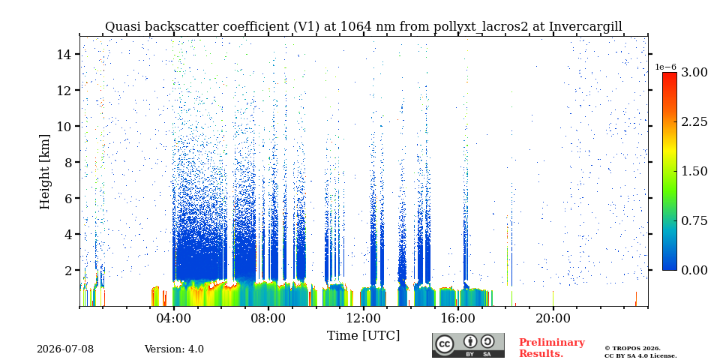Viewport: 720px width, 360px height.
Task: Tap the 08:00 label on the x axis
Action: click(268, 319)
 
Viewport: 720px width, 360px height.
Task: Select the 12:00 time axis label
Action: click(363, 319)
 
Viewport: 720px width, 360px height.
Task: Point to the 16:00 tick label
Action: click(458, 319)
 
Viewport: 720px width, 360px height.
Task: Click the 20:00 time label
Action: click(553, 319)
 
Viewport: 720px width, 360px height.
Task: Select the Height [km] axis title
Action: click(44, 172)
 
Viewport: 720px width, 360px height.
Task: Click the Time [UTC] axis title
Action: click(363, 336)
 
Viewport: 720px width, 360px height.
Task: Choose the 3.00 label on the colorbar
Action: click(694, 72)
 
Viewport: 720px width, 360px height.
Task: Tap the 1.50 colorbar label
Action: click(694, 171)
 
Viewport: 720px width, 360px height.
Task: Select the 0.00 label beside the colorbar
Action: click(694, 270)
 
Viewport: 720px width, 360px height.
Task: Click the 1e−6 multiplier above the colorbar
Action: click(665, 67)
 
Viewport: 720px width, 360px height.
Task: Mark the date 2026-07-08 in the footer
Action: click(65, 349)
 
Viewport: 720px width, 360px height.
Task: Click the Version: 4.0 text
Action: click(174, 349)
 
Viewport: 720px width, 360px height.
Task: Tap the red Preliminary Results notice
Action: click(552, 348)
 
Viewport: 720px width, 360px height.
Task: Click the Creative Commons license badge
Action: click(468, 345)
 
